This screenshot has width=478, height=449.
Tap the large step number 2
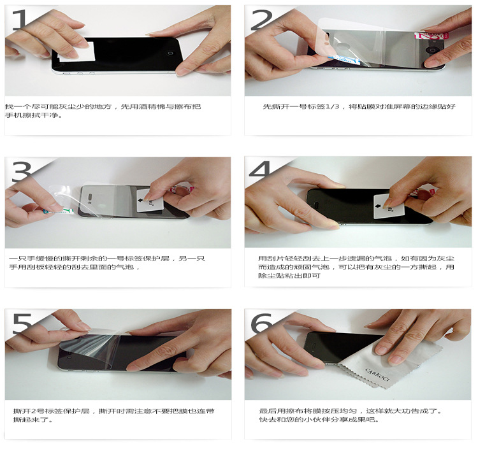[x=261, y=20]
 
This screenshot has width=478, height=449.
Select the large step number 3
[x=21, y=171]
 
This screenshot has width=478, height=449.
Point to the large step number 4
[x=260, y=169]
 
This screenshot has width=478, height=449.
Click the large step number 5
[x=22, y=323]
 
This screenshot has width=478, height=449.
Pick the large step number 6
[x=261, y=323]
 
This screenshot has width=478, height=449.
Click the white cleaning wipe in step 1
[x=77, y=52]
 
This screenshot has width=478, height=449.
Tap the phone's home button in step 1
[x=170, y=53]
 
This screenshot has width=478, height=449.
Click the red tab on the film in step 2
[x=431, y=36]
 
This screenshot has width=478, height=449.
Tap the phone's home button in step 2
[x=431, y=50]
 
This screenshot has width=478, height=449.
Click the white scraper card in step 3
[x=150, y=201]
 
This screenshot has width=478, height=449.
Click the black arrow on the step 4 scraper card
[x=378, y=206]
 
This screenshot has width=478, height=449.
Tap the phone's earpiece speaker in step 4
[x=316, y=203]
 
